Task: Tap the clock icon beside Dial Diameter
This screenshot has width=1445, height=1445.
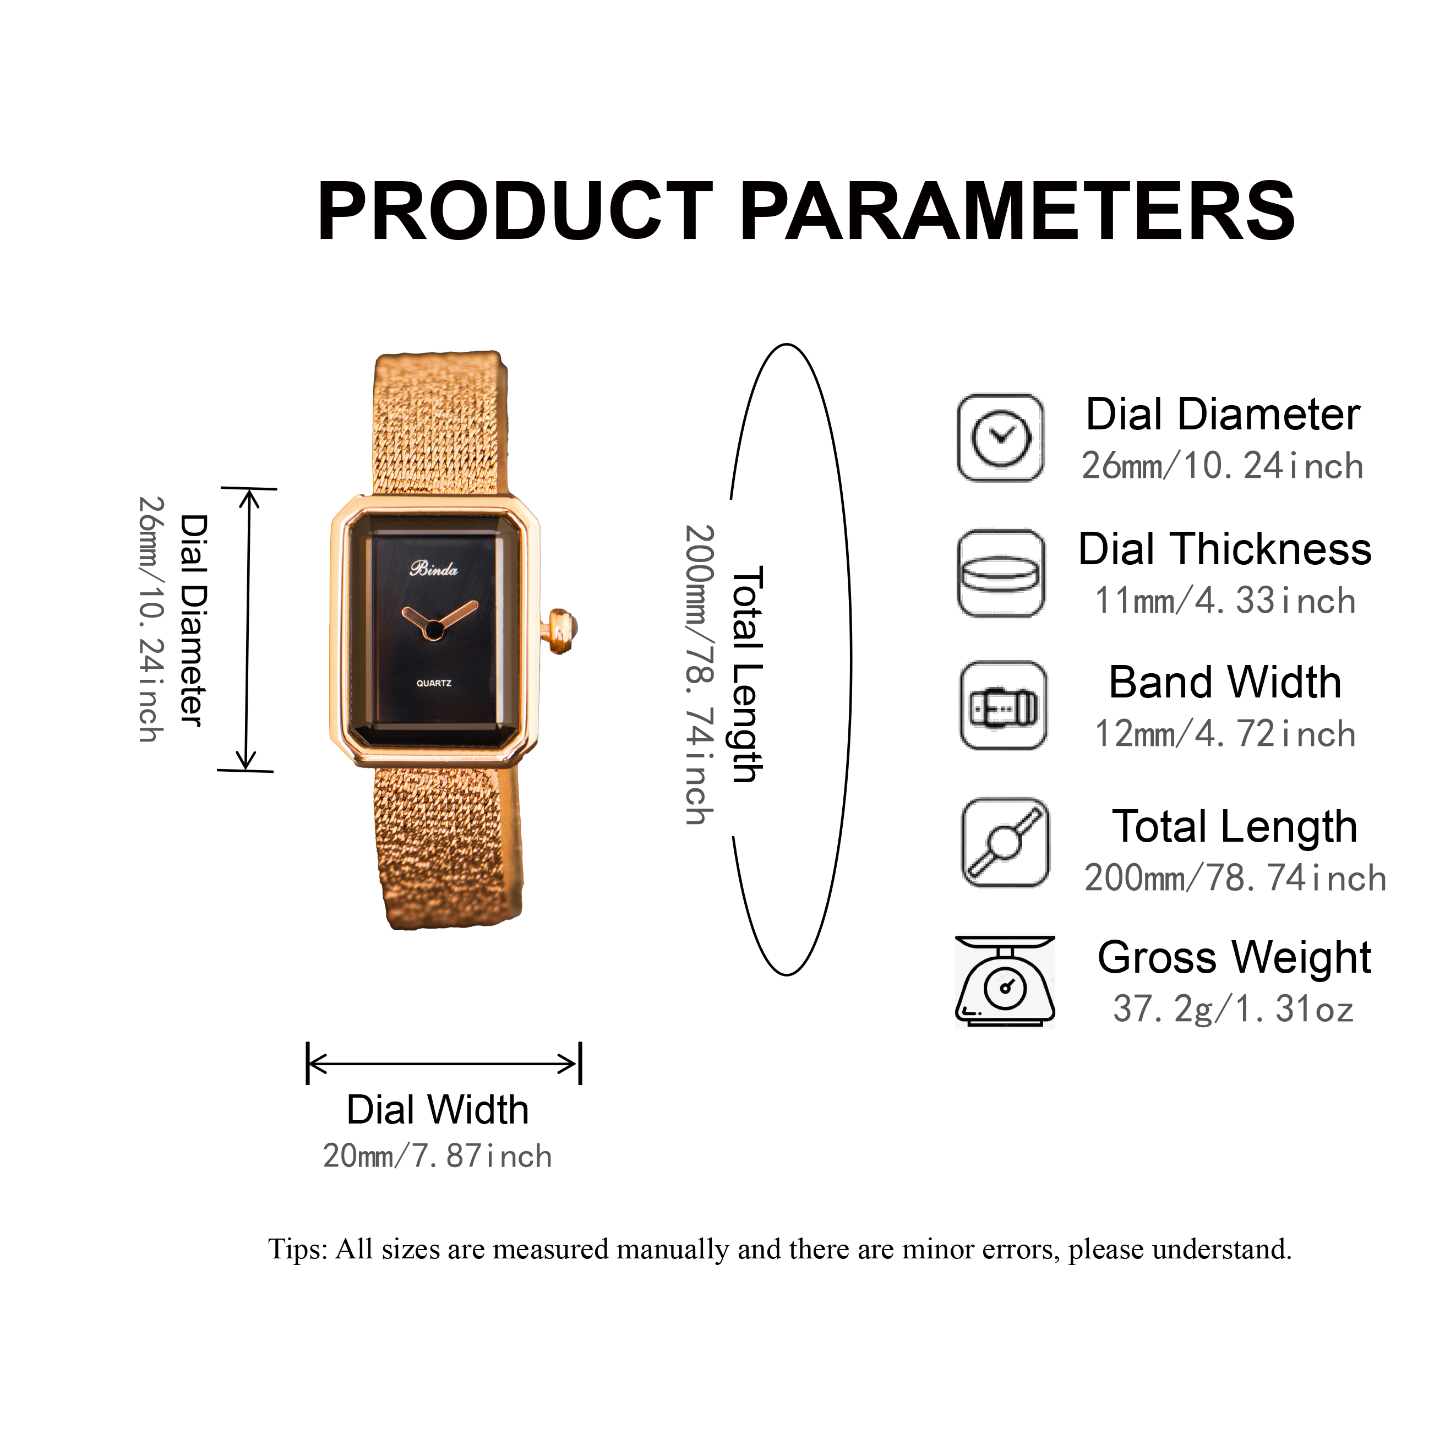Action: coord(1001,438)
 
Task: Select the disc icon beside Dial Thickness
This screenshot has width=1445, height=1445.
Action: coord(1001,574)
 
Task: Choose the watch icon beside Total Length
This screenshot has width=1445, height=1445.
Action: coord(1005,843)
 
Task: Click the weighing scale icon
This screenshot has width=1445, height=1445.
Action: coord(1005,981)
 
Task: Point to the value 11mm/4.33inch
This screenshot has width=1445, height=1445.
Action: coord(1224,601)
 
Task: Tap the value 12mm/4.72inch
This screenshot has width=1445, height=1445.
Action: coord(1224,734)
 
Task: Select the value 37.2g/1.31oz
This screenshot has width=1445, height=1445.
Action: coord(1233,1009)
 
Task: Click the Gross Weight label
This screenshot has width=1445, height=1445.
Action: coord(1234,957)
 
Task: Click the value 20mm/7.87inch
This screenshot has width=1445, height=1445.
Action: coord(438,1157)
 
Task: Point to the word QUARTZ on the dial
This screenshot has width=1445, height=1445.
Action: coord(434,683)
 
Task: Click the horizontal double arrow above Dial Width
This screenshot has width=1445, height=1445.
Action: coord(444,1064)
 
